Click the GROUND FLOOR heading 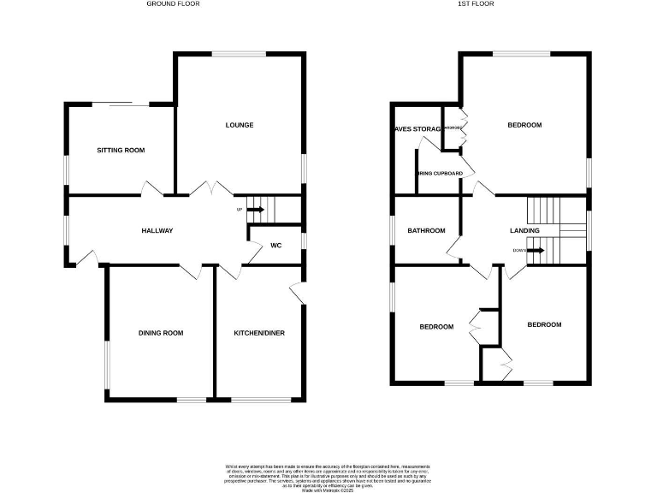175,3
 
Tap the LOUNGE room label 240,126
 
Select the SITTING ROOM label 121,151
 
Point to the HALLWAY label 157,231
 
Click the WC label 276,246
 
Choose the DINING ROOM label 162,333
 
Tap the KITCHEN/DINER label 259,333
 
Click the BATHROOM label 426,231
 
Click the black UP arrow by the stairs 255,209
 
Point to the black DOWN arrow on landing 536,250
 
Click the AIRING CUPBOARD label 440,174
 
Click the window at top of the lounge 239,54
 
